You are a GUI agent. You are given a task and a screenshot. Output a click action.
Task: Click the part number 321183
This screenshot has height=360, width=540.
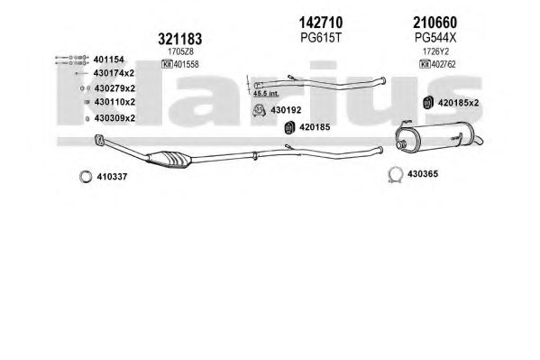click(x=179, y=39)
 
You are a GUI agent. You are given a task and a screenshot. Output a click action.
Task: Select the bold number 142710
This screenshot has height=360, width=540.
click(x=321, y=23)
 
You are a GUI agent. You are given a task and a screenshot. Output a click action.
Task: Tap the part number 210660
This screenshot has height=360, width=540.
click(x=435, y=23)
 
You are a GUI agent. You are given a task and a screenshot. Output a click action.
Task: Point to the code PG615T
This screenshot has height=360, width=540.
click(x=321, y=38)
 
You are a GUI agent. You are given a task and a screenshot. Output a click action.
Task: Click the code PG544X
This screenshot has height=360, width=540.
click(x=435, y=38)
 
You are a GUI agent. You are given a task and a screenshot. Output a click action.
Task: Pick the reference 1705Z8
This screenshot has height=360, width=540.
click(x=180, y=51)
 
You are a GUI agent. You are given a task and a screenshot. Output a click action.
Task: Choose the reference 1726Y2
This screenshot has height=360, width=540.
click(x=435, y=51)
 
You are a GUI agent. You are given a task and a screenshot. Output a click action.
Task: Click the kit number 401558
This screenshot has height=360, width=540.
click(x=187, y=64)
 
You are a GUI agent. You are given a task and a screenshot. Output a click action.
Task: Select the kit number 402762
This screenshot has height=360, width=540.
click(x=444, y=64)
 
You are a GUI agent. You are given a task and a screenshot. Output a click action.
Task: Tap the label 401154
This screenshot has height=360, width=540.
click(x=108, y=60)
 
